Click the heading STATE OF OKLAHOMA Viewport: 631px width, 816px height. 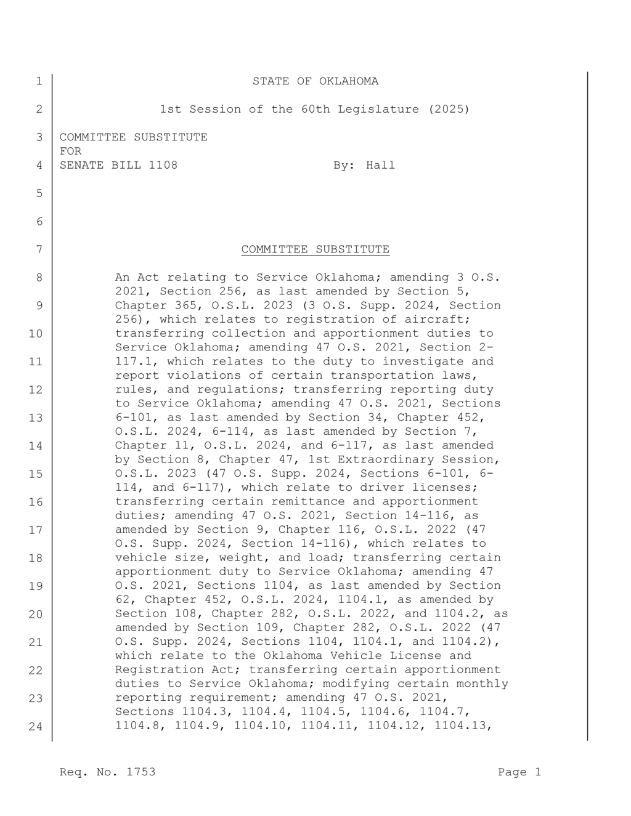pyautogui.click(x=315, y=81)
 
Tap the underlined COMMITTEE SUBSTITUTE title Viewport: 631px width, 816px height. pyautogui.click(x=315, y=249)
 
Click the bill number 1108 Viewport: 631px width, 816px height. pyautogui.click(x=163, y=165)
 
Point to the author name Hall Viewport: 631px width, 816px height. pyautogui.click(x=380, y=165)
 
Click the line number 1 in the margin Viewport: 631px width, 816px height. pyautogui.click(x=39, y=81)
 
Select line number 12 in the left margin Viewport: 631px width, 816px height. pyautogui.click(x=36, y=390)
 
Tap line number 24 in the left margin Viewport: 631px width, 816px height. pyautogui.click(x=36, y=726)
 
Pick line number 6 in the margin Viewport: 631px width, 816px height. pyautogui.click(x=39, y=222)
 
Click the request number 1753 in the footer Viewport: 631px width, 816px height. pyautogui.click(x=140, y=772)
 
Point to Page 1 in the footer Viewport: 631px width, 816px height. pyautogui.click(x=519, y=772)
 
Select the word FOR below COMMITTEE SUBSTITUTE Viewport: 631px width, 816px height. pyautogui.click(x=70, y=151)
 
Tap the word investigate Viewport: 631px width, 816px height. pyautogui.click(x=426, y=362)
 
